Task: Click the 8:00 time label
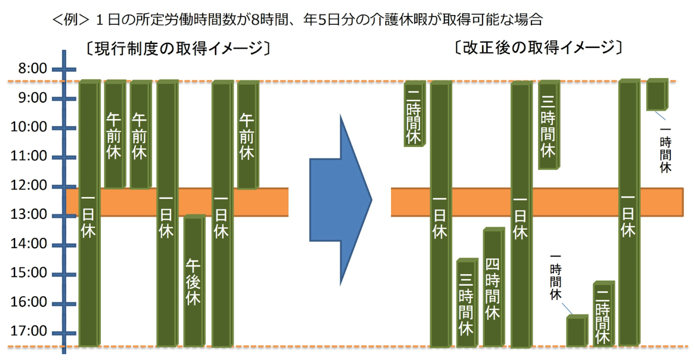click(32, 68)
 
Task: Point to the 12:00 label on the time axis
click(28, 185)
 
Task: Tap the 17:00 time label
click(28, 331)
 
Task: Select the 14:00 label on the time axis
click(28, 243)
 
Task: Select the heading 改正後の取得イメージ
click(538, 47)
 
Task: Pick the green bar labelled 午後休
click(194, 281)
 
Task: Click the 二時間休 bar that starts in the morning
click(414, 114)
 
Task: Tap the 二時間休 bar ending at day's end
click(603, 314)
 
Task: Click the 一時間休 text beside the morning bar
click(665, 150)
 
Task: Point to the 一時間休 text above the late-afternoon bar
click(556, 277)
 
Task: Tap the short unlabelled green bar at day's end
click(577, 331)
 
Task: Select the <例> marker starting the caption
click(71, 19)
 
